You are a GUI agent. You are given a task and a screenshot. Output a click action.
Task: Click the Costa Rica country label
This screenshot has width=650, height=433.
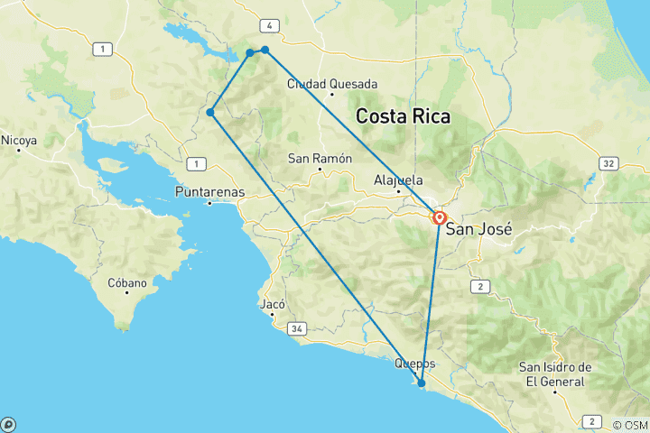coord(403,117)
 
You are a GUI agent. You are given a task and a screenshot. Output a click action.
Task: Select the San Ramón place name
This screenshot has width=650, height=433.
coord(319,159)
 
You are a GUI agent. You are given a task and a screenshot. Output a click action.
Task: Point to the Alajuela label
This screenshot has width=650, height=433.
coord(398,180)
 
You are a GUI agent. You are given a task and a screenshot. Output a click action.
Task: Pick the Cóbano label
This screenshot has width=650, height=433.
coord(127,282)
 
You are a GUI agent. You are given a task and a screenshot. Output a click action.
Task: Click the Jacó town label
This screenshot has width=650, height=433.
coord(272,304)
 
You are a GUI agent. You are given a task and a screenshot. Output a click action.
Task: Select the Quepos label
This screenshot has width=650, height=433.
coord(415,364)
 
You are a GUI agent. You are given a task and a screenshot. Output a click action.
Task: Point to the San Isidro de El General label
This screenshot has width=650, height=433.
coord(555,373)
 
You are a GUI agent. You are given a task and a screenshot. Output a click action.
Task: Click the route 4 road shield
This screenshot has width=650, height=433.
coord(268,24)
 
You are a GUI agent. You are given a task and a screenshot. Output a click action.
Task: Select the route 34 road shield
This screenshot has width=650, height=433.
coord(297,329)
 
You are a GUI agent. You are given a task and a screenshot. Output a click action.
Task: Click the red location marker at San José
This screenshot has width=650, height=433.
coord(440,217)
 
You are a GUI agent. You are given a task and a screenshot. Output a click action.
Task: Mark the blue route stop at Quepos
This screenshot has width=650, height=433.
coord(422,383)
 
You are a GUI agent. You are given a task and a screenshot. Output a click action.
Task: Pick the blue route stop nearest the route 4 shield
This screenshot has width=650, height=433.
coord(265,50)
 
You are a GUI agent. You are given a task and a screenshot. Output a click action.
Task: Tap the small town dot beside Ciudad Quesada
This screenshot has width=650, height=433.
coord(332,94)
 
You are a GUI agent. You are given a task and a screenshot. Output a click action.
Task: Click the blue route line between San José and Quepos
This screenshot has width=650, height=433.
coord(432,298)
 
